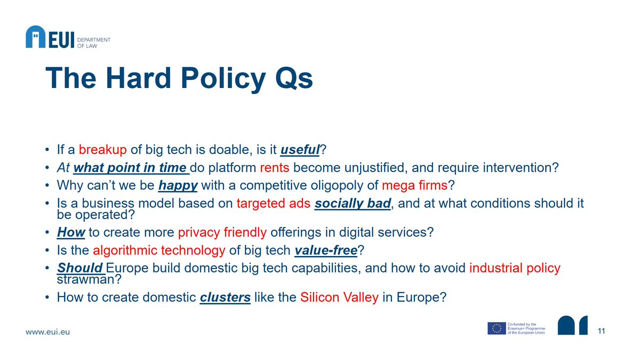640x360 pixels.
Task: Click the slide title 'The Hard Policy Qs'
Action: [x=179, y=78]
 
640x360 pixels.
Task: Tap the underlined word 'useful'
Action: [x=299, y=150]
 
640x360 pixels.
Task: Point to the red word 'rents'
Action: [x=275, y=168]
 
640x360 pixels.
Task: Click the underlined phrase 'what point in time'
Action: [x=131, y=168]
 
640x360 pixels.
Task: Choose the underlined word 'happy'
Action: [x=178, y=186]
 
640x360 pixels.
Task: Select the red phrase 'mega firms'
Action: [x=412, y=186]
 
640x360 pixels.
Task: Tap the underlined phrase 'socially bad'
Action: [x=353, y=204]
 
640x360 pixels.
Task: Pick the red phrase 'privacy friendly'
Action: [x=222, y=233]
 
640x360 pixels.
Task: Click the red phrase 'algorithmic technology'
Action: [x=159, y=250]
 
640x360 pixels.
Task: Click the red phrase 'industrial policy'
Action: [x=515, y=268]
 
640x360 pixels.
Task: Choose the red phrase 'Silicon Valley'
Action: [x=339, y=297]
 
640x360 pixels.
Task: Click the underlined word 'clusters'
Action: [x=225, y=297]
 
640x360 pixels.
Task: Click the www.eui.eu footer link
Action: [x=48, y=332]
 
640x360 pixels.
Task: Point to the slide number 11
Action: [x=602, y=332]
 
